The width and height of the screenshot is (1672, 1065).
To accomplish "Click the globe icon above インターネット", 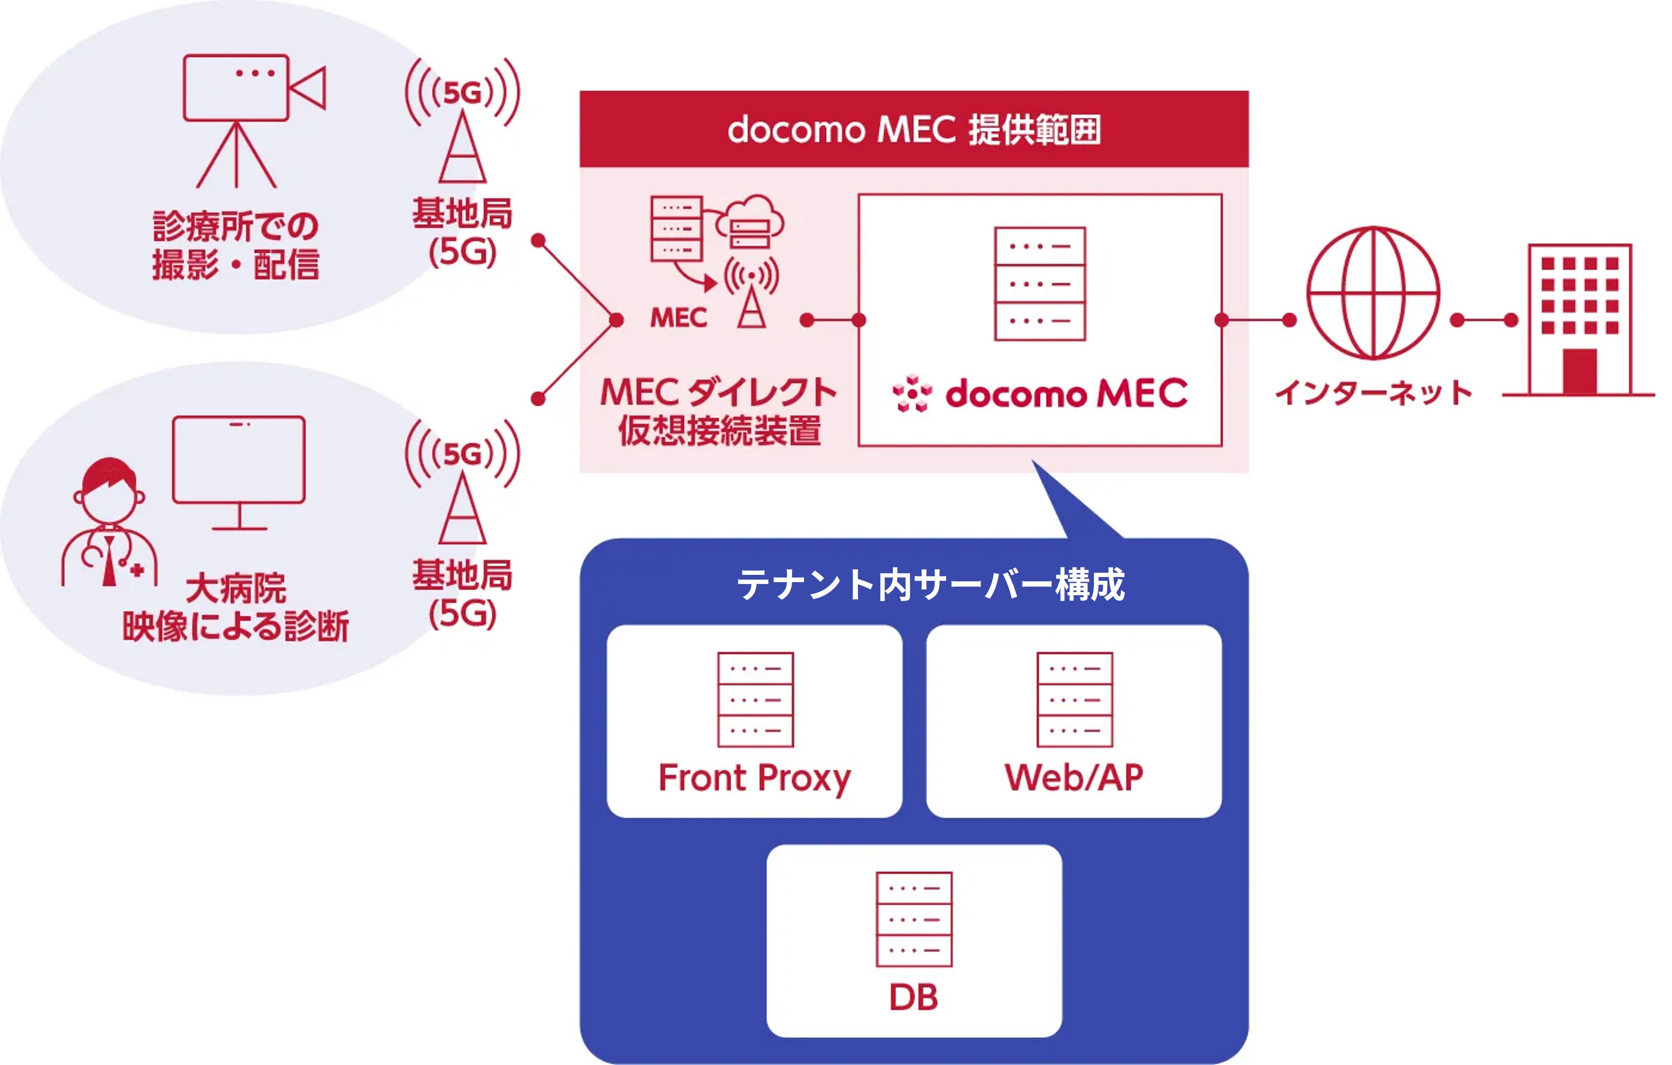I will [1373, 293].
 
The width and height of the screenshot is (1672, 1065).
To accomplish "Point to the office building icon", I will [1579, 321].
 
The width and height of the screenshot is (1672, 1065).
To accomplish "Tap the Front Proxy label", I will [754, 778].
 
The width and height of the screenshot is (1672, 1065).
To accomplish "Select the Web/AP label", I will [1074, 778].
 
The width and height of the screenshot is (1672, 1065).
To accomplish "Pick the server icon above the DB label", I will [914, 919].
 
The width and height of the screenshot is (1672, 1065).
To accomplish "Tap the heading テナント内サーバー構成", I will [930, 585].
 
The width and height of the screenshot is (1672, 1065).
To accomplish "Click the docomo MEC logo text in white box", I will [1041, 394].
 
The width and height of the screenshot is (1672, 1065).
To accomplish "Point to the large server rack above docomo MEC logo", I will [1040, 284].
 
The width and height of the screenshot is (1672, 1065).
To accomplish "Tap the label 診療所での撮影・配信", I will [235, 245].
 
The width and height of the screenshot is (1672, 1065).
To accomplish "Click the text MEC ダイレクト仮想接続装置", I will [718, 411].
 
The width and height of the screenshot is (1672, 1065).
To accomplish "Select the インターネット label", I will [1373, 393].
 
